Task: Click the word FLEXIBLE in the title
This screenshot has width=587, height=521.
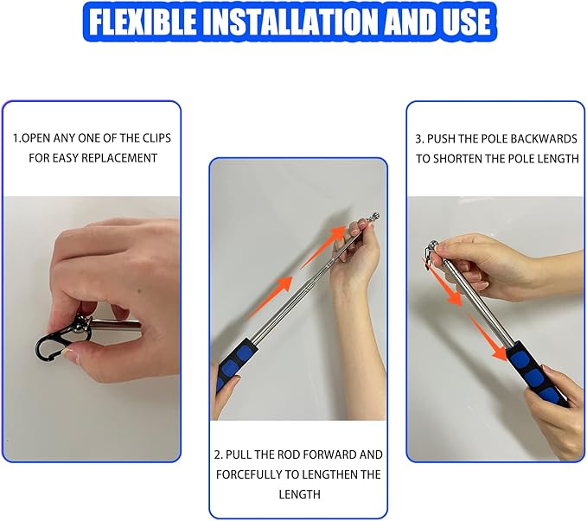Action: pyautogui.click(x=143, y=22)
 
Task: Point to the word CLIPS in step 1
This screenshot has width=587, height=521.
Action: pyautogui.click(x=156, y=138)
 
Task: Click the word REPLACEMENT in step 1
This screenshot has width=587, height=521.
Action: pyautogui.click(x=119, y=158)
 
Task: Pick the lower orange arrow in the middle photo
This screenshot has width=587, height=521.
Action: pyautogui.click(x=271, y=296)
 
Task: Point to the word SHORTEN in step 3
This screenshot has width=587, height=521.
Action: pyautogui.click(x=458, y=159)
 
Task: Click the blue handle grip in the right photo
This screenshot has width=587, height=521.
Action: pyautogui.click(x=537, y=374)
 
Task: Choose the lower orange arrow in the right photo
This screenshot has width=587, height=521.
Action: pyautogui.click(x=488, y=338)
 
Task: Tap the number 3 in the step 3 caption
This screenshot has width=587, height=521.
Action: pyautogui.click(x=419, y=139)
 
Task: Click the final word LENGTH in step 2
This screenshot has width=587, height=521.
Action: pyautogui.click(x=299, y=494)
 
